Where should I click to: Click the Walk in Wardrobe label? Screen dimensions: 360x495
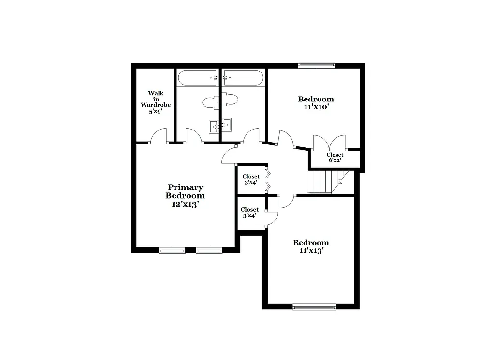point(156,99)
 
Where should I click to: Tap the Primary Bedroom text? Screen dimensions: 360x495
point(185,191)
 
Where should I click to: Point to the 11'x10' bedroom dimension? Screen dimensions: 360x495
point(316,107)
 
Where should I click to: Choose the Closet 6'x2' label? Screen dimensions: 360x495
point(335,158)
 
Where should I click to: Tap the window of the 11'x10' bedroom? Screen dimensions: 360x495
point(317,64)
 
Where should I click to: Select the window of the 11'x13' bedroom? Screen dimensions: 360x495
point(314,306)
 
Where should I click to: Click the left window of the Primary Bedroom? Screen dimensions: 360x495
point(172,250)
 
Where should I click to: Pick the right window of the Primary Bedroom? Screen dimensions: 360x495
point(209,250)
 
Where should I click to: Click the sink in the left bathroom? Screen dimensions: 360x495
point(215,126)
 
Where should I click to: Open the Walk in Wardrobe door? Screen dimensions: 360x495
point(159,136)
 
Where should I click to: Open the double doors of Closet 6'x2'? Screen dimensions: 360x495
point(329,143)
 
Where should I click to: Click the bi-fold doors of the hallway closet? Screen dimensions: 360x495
point(267,179)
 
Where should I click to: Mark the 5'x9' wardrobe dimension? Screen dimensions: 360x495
point(156,111)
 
